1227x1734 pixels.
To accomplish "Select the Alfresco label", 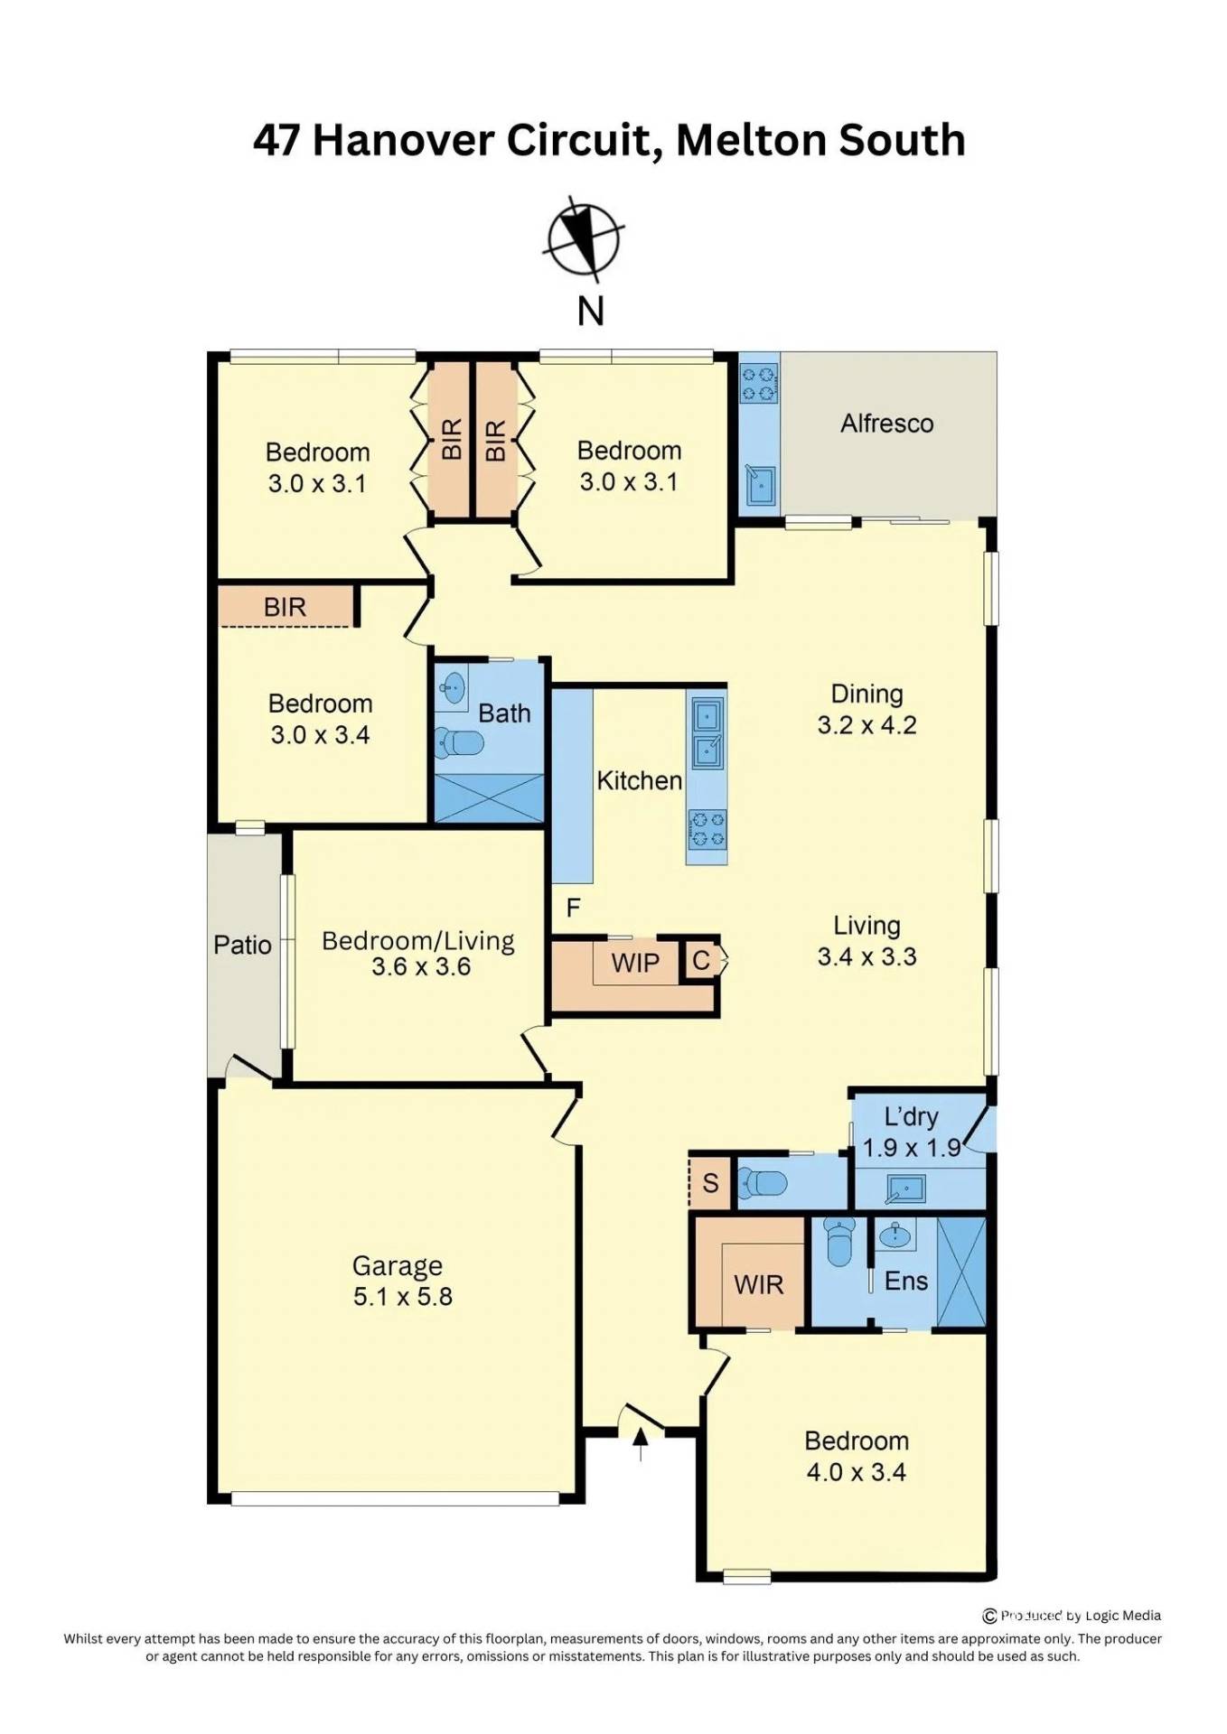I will tap(886, 424).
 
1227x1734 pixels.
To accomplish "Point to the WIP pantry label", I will tap(635, 963).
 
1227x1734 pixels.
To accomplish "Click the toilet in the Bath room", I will tap(460, 743).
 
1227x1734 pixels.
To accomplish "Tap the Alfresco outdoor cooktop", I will tap(759, 381).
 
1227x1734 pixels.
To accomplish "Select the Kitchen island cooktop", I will tap(706, 830).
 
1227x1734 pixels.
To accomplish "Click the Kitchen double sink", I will tap(707, 731).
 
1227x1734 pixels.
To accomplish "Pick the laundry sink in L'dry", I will tap(905, 1189).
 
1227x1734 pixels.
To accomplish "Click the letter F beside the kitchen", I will tap(573, 908).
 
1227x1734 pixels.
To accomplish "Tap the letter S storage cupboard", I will tap(710, 1182).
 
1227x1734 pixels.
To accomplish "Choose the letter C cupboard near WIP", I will tap(701, 960).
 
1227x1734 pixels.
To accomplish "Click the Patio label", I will tap(242, 946).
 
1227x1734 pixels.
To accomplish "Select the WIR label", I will tap(758, 1284).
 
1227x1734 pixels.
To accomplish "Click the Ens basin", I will tap(896, 1235).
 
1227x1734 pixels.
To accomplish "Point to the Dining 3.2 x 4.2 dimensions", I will tap(866, 725).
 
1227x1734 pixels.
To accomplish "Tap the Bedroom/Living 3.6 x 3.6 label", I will tap(418, 954).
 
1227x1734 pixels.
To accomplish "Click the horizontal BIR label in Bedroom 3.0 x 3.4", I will tap(285, 608).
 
